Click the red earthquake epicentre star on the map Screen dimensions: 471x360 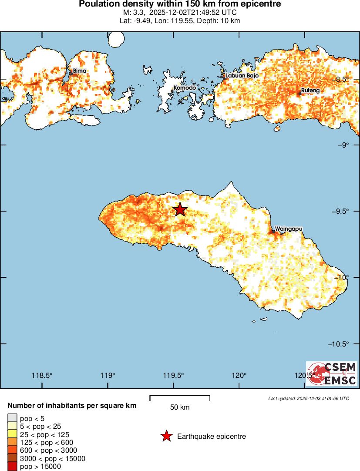click(x=180, y=209)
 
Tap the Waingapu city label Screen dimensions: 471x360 click(x=289, y=228)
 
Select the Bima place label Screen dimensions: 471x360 click(x=79, y=71)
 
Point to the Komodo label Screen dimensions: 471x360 click(x=185, y=87)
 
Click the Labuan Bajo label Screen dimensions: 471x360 click(x=242, y=75)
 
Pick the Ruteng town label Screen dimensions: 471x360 click(x=310, y=91)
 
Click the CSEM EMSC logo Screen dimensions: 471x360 click(x=332, y=373)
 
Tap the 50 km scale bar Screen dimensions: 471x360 click(x=180, y=397)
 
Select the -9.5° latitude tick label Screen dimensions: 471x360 click(x=340, y=211)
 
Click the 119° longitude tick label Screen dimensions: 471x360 click(x=108, y=376)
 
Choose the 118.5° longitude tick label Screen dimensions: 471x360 click(x=42, y=376)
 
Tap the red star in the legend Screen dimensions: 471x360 click(x=166, y=436)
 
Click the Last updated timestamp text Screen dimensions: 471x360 click(x=309, y=398)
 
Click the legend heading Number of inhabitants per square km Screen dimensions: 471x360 click(x=72, y=406)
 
